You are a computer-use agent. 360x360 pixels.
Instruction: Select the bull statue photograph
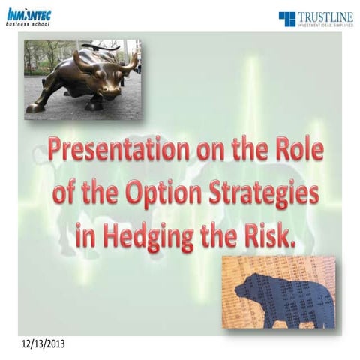(x=82, y=79)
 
